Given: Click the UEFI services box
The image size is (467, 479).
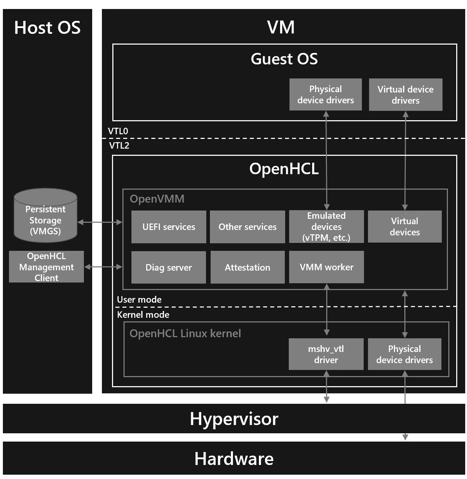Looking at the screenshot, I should [x=169, y=227].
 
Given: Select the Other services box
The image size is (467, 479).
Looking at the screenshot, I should [x=247, y=227].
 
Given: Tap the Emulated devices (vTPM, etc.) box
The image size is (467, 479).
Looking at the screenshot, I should [x=326, y=227].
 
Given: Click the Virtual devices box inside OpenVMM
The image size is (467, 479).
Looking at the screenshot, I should [x=405, y=227].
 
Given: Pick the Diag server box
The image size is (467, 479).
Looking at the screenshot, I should [x=169, y=267].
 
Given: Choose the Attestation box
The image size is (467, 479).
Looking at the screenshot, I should [x=247, y=267].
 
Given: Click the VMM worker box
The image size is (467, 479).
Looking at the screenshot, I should [x=326, y=267].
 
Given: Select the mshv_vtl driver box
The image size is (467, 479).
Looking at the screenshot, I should [x=326, y=354].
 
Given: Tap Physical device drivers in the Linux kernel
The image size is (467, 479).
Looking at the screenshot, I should [x=404, y=354].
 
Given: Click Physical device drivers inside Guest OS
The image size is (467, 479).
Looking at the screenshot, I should [x=325, y=95].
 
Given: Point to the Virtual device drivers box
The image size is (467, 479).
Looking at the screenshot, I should [x=405, y=95].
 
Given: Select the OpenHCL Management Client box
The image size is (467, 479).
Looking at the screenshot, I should [x=46, y=267].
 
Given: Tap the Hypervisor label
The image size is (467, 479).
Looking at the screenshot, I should [x=234, y=419].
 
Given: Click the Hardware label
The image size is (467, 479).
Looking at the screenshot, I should [x=234, y=459].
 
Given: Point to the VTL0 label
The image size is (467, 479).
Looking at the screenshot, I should [x=118, y=131].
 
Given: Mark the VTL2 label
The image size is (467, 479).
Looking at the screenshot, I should [x=119, y=145].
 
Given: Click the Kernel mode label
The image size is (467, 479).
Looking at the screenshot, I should [x=143, y=315].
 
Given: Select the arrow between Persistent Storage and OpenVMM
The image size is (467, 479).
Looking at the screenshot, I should [x=100, y=222].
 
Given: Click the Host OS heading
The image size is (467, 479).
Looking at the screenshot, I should [x=47, y=28].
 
